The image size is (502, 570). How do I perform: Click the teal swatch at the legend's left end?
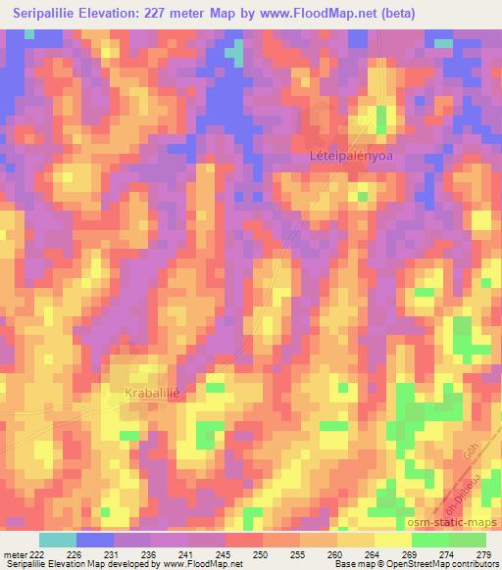(x=58, y=540)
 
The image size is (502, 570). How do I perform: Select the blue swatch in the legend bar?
(x=95, y=540)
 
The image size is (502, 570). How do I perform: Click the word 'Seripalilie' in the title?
(x=43, y=14)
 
